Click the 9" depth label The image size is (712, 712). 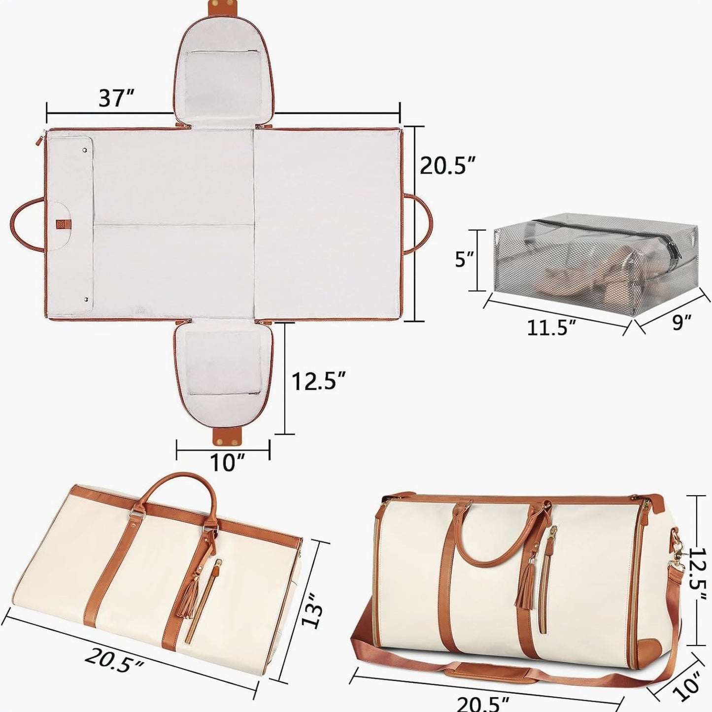pos(682,323)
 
